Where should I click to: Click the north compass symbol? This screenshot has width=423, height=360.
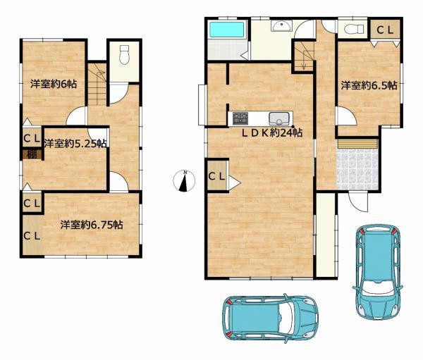click(x=184, y=180)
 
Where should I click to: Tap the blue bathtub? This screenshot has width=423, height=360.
click(x=227, y=30)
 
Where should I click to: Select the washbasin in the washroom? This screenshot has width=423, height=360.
click(x=281, y=27)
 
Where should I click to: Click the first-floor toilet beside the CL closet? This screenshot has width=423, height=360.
click(x=350, y=29)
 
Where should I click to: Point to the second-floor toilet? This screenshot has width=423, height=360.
click(x=124, y=55)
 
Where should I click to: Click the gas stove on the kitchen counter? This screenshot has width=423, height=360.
click(x=240, y=118)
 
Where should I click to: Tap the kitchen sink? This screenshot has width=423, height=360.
click(x=281, y=118)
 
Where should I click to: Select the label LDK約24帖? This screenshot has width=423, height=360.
click(x=271, y=132)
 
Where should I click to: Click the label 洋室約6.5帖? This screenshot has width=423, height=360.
click(x=369, y=85)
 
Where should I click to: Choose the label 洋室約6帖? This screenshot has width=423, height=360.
click(x=54, y=84)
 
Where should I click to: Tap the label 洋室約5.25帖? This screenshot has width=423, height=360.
click(x=75, y=144)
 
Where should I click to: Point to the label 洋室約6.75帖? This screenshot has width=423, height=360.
click(x=92, y=225)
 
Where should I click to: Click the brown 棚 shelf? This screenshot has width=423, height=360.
click(x=32, y=154)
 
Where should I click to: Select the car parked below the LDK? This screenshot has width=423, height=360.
click(x=270, y=318)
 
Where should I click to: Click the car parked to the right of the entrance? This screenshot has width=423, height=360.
click(x=377, y=271)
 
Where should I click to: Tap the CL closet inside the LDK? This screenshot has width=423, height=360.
click(x=217, y=175)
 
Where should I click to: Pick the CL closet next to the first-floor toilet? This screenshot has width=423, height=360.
click(x=385, y=30)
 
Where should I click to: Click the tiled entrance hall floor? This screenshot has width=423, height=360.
click(x=357, y=169)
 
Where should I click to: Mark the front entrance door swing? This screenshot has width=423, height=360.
click(x=358, y=201)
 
